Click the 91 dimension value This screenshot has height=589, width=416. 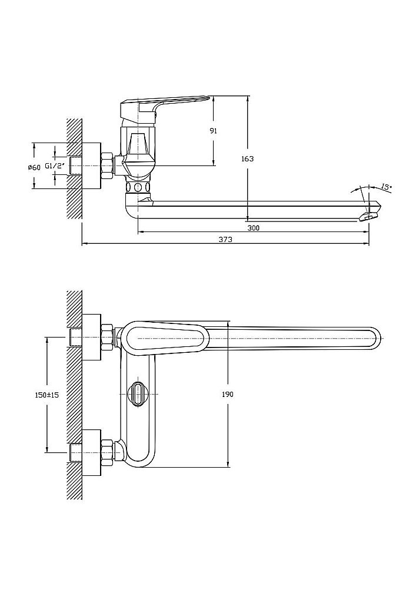[x=213, y=131]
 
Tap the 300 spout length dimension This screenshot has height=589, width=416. [x=254, y=227]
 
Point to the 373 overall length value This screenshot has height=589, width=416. [x=225, y=240]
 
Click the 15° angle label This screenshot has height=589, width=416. [x=386, y=187]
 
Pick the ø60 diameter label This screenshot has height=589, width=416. [x=34, y=167]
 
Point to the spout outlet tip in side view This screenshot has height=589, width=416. [x=370, y=214]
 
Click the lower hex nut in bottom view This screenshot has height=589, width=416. [x=107, y=451]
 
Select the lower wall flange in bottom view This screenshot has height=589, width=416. [x=91, y=452]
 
